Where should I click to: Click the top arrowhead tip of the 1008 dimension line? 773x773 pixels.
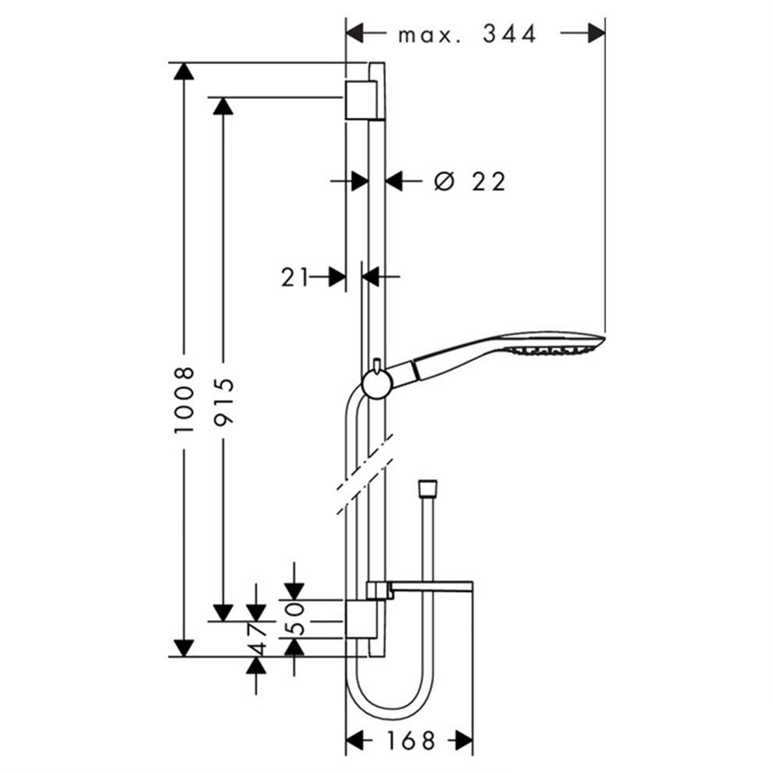[x=183, y=63]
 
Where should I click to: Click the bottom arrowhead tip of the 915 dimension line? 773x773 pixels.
[x=223, y=622]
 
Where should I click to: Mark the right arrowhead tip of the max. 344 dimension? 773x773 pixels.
[x=605, y=33]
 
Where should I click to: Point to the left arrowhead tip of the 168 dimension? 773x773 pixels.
[x=346, y=740]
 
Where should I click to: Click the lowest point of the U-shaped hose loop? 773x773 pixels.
[x=390, y=719]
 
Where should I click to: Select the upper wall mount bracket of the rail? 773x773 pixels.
[x=363, y=99]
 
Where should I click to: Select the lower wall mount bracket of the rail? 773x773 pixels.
[x=362, y=619]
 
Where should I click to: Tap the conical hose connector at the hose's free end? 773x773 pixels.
[x=427, y=487]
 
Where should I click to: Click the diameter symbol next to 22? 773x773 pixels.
[x=443, y=181]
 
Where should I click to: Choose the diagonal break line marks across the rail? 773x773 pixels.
[x=365, y=474]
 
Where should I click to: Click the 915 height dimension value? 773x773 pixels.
[x=223, y=401]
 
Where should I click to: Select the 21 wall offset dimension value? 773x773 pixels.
[x=294, y=277]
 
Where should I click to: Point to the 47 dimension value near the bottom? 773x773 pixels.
[x=256, y=639]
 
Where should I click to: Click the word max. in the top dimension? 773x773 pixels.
[x=429, y=35]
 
